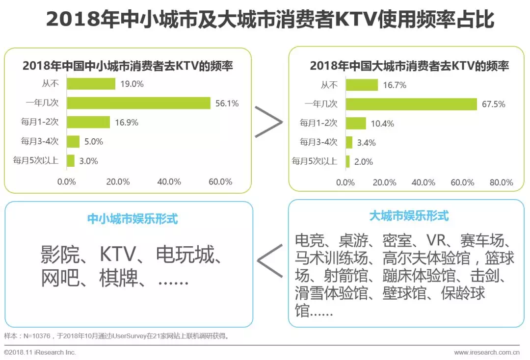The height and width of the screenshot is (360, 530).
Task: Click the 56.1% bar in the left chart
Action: (138, 103)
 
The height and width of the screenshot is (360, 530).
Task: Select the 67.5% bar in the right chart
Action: (411, 104)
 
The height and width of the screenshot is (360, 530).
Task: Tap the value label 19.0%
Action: (132, 84)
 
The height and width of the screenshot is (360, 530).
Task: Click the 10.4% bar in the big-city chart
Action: (356, 123)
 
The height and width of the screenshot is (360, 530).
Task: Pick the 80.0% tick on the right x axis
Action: (501, 182)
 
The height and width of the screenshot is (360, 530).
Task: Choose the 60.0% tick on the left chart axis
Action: (220, 181)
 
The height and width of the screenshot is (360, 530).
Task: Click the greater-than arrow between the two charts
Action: (268, 121)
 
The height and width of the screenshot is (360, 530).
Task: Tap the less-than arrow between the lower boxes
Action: (269, 260)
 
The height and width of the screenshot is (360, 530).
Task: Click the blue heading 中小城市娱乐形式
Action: (132, 219)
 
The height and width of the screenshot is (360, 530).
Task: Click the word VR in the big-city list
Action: (435, 240)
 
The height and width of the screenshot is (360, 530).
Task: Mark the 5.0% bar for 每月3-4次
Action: (73, 142)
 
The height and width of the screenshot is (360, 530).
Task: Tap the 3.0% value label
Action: (89, 161)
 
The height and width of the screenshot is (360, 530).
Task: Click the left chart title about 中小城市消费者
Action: (128, 66)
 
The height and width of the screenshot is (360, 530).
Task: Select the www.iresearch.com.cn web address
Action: (486, 352)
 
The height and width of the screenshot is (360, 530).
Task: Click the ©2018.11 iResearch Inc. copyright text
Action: (40, 352)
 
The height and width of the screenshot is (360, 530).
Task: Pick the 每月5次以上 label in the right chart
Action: (315, 161)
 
